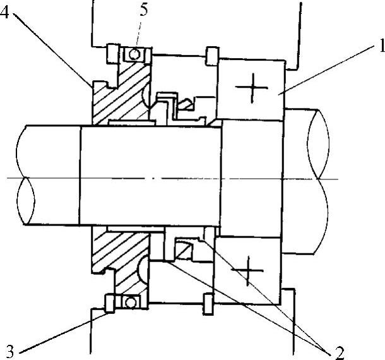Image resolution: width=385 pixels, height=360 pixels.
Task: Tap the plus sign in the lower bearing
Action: point(248,271)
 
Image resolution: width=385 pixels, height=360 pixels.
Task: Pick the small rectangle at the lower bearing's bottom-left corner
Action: point(208,303)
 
